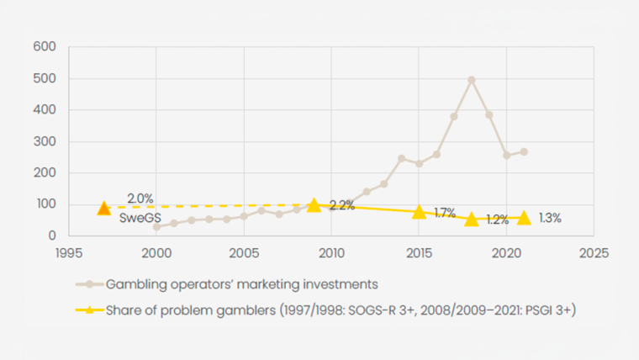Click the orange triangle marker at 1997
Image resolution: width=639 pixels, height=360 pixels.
pos(103,208)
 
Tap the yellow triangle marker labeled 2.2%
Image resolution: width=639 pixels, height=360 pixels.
pos(314,205)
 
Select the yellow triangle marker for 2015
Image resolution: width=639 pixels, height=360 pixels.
pos(419,211)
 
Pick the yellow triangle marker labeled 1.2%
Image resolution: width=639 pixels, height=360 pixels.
pos(472,219)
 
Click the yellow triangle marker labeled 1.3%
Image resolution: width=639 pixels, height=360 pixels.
pos(524,217)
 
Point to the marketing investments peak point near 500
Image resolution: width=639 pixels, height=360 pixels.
pos(472,80)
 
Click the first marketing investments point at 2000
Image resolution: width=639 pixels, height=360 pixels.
pos(156,227)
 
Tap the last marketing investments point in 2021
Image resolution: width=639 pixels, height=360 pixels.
pos(524,152)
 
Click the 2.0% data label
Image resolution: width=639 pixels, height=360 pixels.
pos(140,199)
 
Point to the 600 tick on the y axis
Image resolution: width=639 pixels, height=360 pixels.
pos(45,47)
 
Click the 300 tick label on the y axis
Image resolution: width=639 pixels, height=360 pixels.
pos(45,141)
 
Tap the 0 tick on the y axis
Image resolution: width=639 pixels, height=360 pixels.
pos(52,236)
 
